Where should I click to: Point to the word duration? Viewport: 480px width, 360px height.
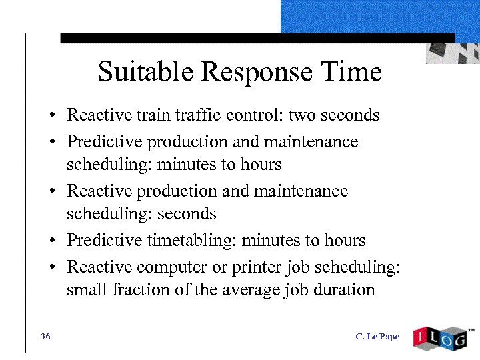342,290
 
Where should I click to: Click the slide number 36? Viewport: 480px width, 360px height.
45,337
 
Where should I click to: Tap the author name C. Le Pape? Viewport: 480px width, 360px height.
377,337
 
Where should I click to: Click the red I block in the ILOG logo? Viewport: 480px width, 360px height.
422,337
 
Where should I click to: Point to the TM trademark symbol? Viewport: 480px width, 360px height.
471,329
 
